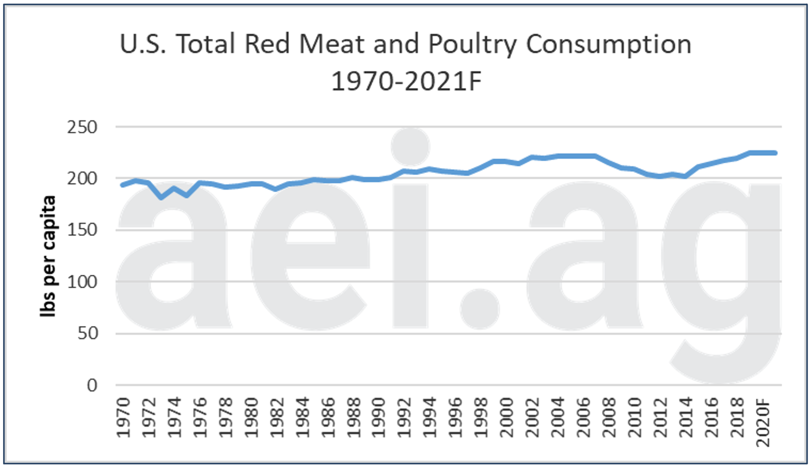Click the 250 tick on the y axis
(82, 127)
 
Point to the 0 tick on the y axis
(92, 386)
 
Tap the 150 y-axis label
(82, 230)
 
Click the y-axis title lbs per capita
(48, 256)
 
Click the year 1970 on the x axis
(123, 418)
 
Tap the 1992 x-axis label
(404, 418)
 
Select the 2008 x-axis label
(609, 418)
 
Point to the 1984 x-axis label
(302, 418)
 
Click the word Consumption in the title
(608, 44)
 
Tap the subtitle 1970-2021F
(406, 81)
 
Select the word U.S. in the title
(143, 44)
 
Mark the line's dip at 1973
(161, 197)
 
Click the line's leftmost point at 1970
(122, 185)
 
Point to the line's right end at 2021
(775, 153)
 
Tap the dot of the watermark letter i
(410, 147)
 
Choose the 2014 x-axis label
(686, 418)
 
